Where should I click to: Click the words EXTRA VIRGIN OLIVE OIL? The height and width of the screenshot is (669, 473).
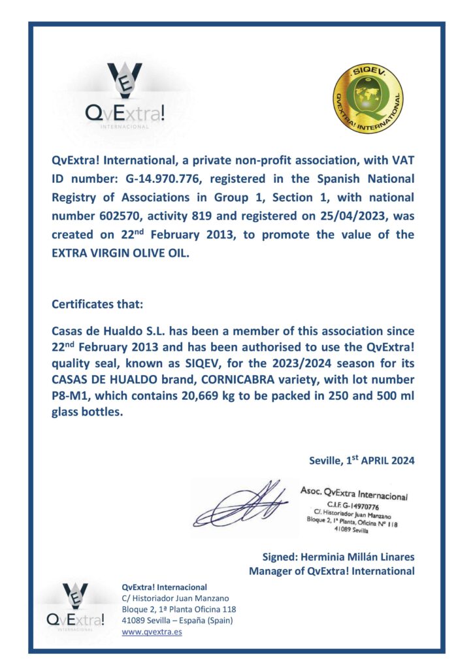point(120,253)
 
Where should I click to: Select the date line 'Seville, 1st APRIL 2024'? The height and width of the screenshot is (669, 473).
point(361,460)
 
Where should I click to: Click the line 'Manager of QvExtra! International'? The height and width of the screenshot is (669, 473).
point(331,571)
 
